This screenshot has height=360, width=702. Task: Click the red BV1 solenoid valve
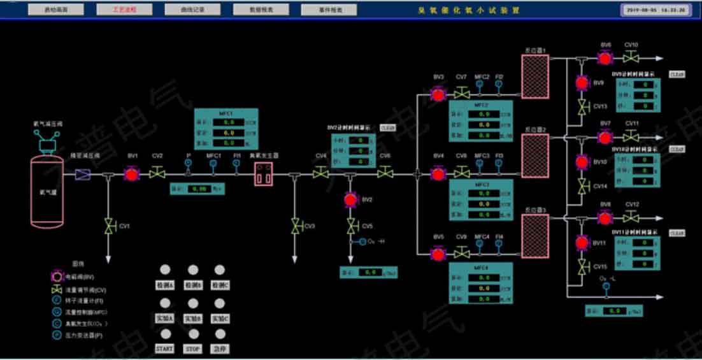click(x=131, y=174)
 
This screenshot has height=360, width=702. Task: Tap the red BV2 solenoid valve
click(x=350, y=200)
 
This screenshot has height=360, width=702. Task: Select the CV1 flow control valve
click(x=108, y=226)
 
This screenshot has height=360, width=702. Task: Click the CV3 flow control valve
click(x=294, y=226)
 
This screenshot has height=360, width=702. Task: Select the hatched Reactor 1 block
click(x=535, y=76)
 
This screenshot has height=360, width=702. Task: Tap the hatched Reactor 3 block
click(x=535, y=236)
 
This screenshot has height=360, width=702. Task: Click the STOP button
click(x=192, y=349)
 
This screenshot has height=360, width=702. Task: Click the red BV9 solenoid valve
click(x=582, y=83)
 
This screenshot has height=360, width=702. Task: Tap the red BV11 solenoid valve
click(x=582, y=243)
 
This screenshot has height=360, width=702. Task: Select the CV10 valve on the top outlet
click(x=631, y=59)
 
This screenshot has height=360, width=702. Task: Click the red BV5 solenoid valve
click(x=438, y=254)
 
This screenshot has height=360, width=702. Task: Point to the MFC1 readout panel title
click(x=226, y=113)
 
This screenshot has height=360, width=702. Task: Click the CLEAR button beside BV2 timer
click(x=387, y=127)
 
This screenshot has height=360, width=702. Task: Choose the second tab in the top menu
click(x=124, y=10)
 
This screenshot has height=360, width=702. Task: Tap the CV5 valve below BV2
click(x=350, y=226)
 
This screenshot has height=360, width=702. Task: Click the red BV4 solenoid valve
click(x=438, y=173)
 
